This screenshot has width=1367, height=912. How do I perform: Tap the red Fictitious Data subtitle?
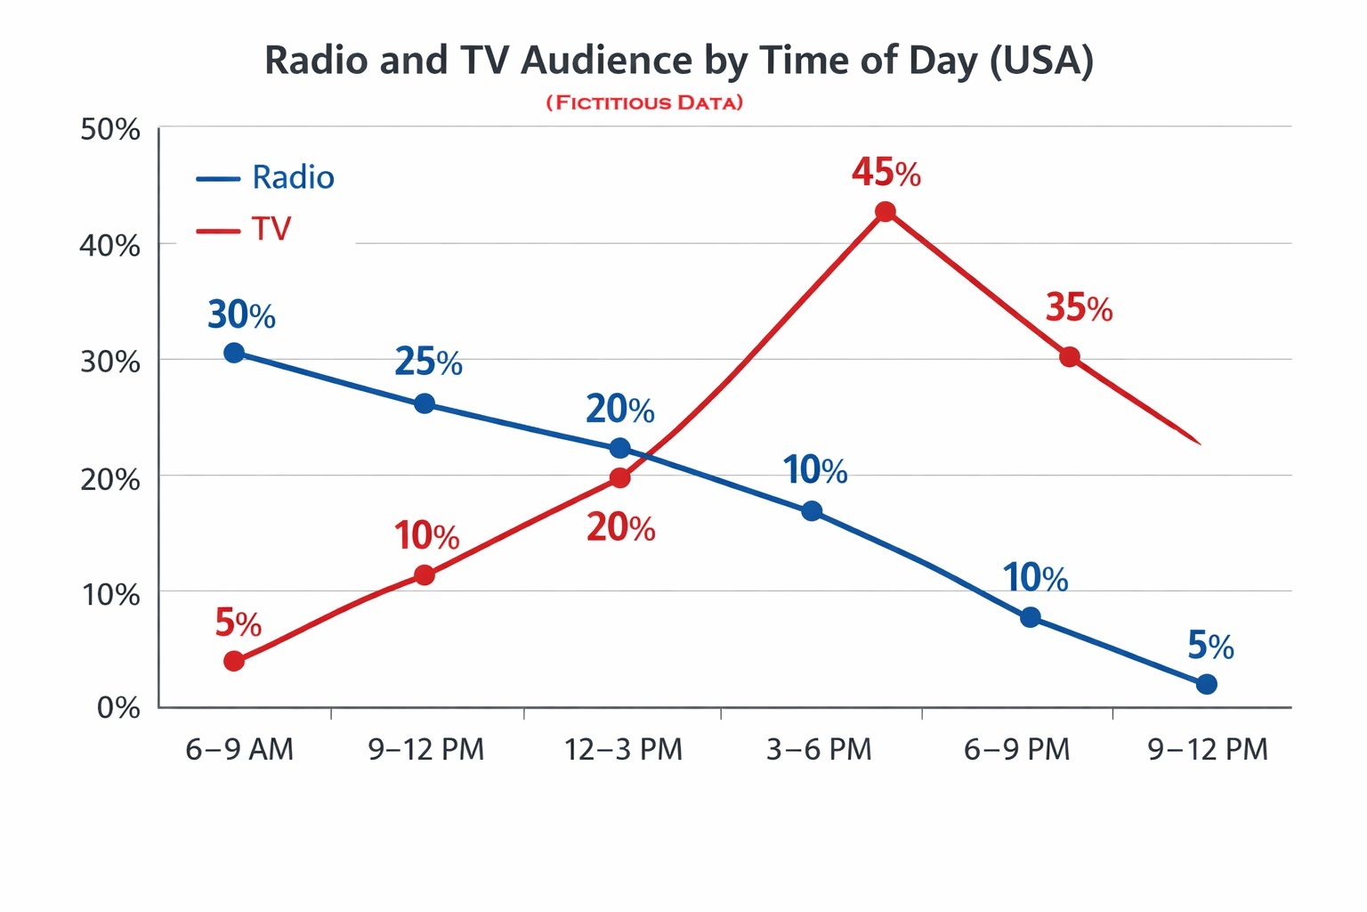pyautogui.click(x=644, y=102)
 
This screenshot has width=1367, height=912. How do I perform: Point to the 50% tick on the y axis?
pyautogui.click(x=110, y=130)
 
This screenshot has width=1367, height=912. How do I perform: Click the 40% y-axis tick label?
pyautogui.click(x=110, y=245)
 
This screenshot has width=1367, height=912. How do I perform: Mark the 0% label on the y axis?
pyautogui.click(x=118, y=708)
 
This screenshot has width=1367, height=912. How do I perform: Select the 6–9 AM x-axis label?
pyautogui.click(x=239, y=750)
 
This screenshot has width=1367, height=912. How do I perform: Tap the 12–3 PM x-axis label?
pyautogui.click(x=623, y=750)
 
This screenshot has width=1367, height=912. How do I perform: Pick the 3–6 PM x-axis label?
pyautogui.click(x=819, y=750)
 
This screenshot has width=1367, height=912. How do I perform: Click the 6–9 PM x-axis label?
pyautogui.click(x=1016, y=750)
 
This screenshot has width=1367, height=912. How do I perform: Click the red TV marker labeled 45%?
pyautogui.click(x=885, y=212)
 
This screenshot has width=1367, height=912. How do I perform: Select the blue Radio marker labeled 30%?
pyautogui.click(x=234, y=353)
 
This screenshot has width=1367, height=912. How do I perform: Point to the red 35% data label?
pyautogui.click(x=1079, y=308)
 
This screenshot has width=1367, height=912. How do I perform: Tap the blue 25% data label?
pyautogui.click(x=428, y=362)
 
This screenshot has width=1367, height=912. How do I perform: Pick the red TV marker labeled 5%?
pyautogui.click(x=234, y=661)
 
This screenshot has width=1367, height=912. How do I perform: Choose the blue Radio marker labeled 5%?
pyautogui.click(x=1207, y=684)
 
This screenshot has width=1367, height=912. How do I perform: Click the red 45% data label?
pyautogui.click(x=886, y=173)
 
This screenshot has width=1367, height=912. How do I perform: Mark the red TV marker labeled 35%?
pyautogui.click(x=1070, y=357)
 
